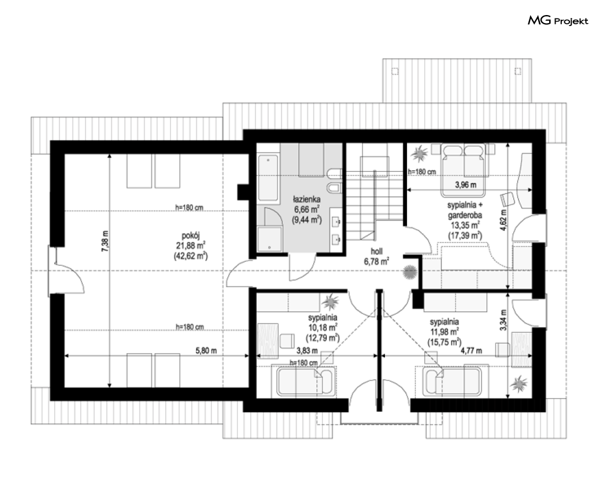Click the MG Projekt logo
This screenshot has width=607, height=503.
(558, 21)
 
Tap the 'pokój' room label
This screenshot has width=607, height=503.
(190, 235)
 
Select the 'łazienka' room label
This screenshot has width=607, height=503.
(306, 200)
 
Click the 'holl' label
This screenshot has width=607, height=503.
(377, 252)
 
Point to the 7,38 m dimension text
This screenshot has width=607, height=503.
(105, 241)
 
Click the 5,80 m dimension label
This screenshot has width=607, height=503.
(206, 351)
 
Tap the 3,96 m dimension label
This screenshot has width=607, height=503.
(465, 185)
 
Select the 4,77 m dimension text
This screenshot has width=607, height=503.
(471, 351)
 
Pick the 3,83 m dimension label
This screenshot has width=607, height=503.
(307, 351)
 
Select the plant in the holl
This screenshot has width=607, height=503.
(409, 272)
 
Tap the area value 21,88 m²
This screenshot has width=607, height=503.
(190, 245)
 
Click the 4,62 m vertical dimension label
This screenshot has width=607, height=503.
(504, 220)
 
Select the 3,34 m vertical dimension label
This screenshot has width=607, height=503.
(504, 320)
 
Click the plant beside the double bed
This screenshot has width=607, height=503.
(419, 154)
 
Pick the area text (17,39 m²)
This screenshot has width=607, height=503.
(465, 235)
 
